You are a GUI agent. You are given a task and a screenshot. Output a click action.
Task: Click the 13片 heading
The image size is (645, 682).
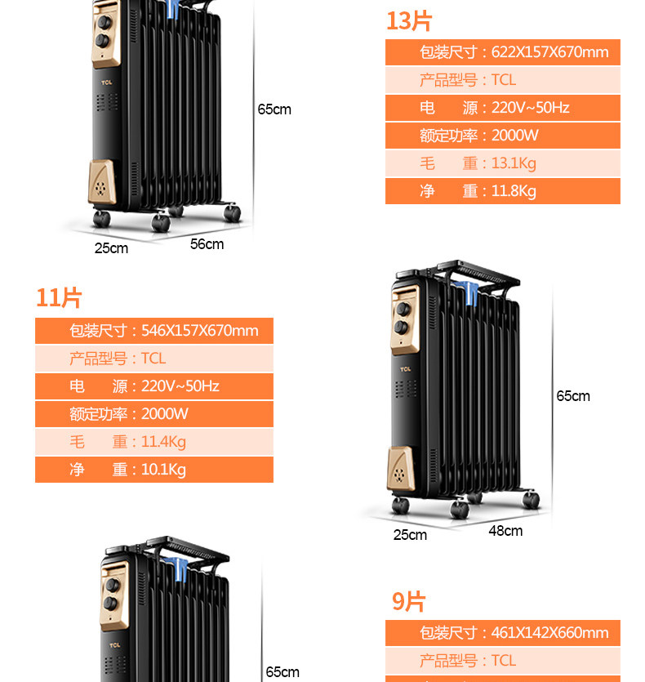[x=409, y=20]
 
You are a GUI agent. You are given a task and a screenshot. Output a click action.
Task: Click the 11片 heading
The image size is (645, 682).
[x=59, y=298]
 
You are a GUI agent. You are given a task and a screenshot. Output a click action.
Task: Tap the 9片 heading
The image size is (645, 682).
[x=409, y=602]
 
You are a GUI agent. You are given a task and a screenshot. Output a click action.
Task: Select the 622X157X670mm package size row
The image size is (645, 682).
[x=502, y=52]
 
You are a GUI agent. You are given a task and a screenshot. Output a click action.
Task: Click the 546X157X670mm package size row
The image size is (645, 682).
[x=154, y=331]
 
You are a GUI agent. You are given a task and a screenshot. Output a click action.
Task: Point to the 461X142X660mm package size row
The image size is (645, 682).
[x=502, y=633]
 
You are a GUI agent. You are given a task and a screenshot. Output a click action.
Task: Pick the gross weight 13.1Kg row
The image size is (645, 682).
[x=502, y=163]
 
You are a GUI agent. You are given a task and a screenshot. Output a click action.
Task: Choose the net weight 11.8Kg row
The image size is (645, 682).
[x=502, y=191]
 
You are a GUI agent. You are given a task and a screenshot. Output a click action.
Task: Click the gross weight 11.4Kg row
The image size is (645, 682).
[x=154, y=442]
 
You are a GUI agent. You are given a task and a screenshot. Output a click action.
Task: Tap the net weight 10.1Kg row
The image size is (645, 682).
[x=154, y=470]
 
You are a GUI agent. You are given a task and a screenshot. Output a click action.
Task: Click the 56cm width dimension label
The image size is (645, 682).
[x=207, y=244]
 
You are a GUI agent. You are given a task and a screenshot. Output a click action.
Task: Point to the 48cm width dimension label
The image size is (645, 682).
[x=505, y=531]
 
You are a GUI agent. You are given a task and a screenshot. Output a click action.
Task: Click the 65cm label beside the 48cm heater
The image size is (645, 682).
[x=573, y=396]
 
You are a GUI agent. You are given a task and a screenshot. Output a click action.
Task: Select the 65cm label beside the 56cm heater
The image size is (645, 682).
[x=274, y=109]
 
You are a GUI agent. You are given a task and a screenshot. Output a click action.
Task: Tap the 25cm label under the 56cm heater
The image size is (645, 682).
[x=111, y=248]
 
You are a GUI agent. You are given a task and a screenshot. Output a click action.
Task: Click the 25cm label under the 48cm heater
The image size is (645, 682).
[x=410, y=535]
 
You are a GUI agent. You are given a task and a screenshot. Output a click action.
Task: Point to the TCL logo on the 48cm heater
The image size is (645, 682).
[x=406, y=369]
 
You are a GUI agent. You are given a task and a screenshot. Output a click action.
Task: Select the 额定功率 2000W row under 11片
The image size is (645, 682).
[x=154, y=414]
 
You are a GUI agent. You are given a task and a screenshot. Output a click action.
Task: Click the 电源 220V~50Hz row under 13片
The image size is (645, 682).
[x=502, y=108]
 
